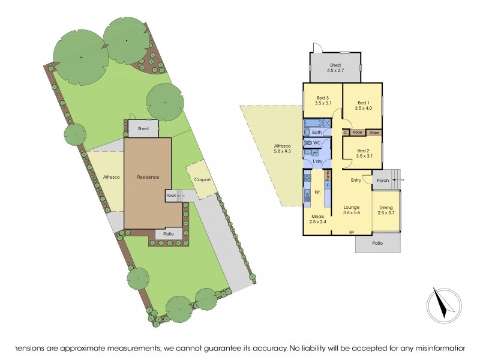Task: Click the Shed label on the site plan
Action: coord(143,128)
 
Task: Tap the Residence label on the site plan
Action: coord(148,177)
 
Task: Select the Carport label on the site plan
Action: coord(200,179)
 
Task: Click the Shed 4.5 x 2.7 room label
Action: coord(335,68)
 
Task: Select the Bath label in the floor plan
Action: coord(317,132)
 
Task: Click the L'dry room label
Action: coord(319,162)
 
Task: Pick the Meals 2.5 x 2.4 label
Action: coord(318,219)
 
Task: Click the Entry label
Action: coord(356,180)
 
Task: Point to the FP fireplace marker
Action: coord(352,232)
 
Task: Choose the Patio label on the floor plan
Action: coord(377,243)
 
